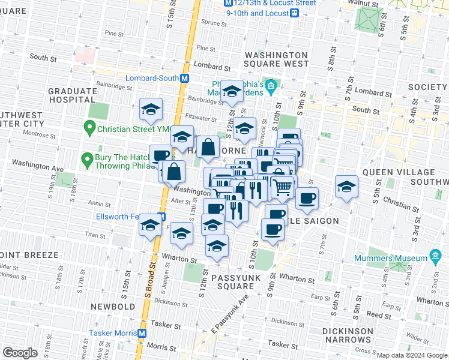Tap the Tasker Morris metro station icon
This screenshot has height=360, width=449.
coord(142,333)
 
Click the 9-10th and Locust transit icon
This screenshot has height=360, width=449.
coord(294,13)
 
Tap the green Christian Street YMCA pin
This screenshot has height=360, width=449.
coord(89,127)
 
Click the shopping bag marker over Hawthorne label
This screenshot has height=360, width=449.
coord(208,148)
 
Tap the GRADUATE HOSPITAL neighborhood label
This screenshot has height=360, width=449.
coord(73,95)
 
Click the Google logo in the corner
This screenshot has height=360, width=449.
coord(20,353)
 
